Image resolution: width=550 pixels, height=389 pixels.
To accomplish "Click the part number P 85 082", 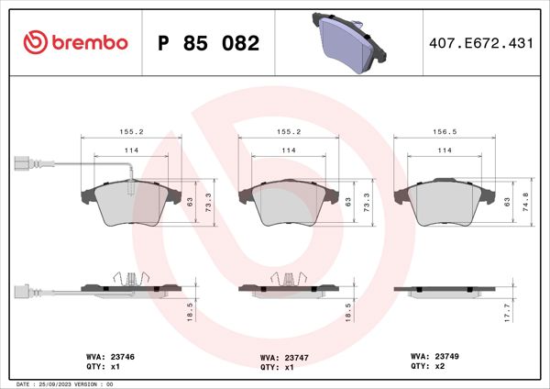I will pos(209,42).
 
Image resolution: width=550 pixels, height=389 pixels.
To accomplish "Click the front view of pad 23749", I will pos(444,202).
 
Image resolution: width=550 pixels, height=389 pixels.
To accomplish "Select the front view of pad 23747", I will pos(287,203).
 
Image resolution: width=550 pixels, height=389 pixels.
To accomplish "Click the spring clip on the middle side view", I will pos(287,279).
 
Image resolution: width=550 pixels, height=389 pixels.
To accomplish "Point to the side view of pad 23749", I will pos(444,289).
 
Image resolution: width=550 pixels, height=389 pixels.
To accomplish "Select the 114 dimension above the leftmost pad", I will pos(132,151).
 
